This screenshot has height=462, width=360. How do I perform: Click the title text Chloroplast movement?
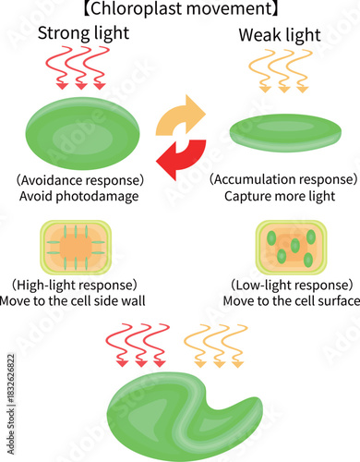pos(180,10)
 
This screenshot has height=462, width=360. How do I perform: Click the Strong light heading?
pos(82,34)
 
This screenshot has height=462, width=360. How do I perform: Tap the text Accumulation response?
pos(282,178)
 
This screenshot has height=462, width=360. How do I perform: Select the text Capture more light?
pos(282,196)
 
